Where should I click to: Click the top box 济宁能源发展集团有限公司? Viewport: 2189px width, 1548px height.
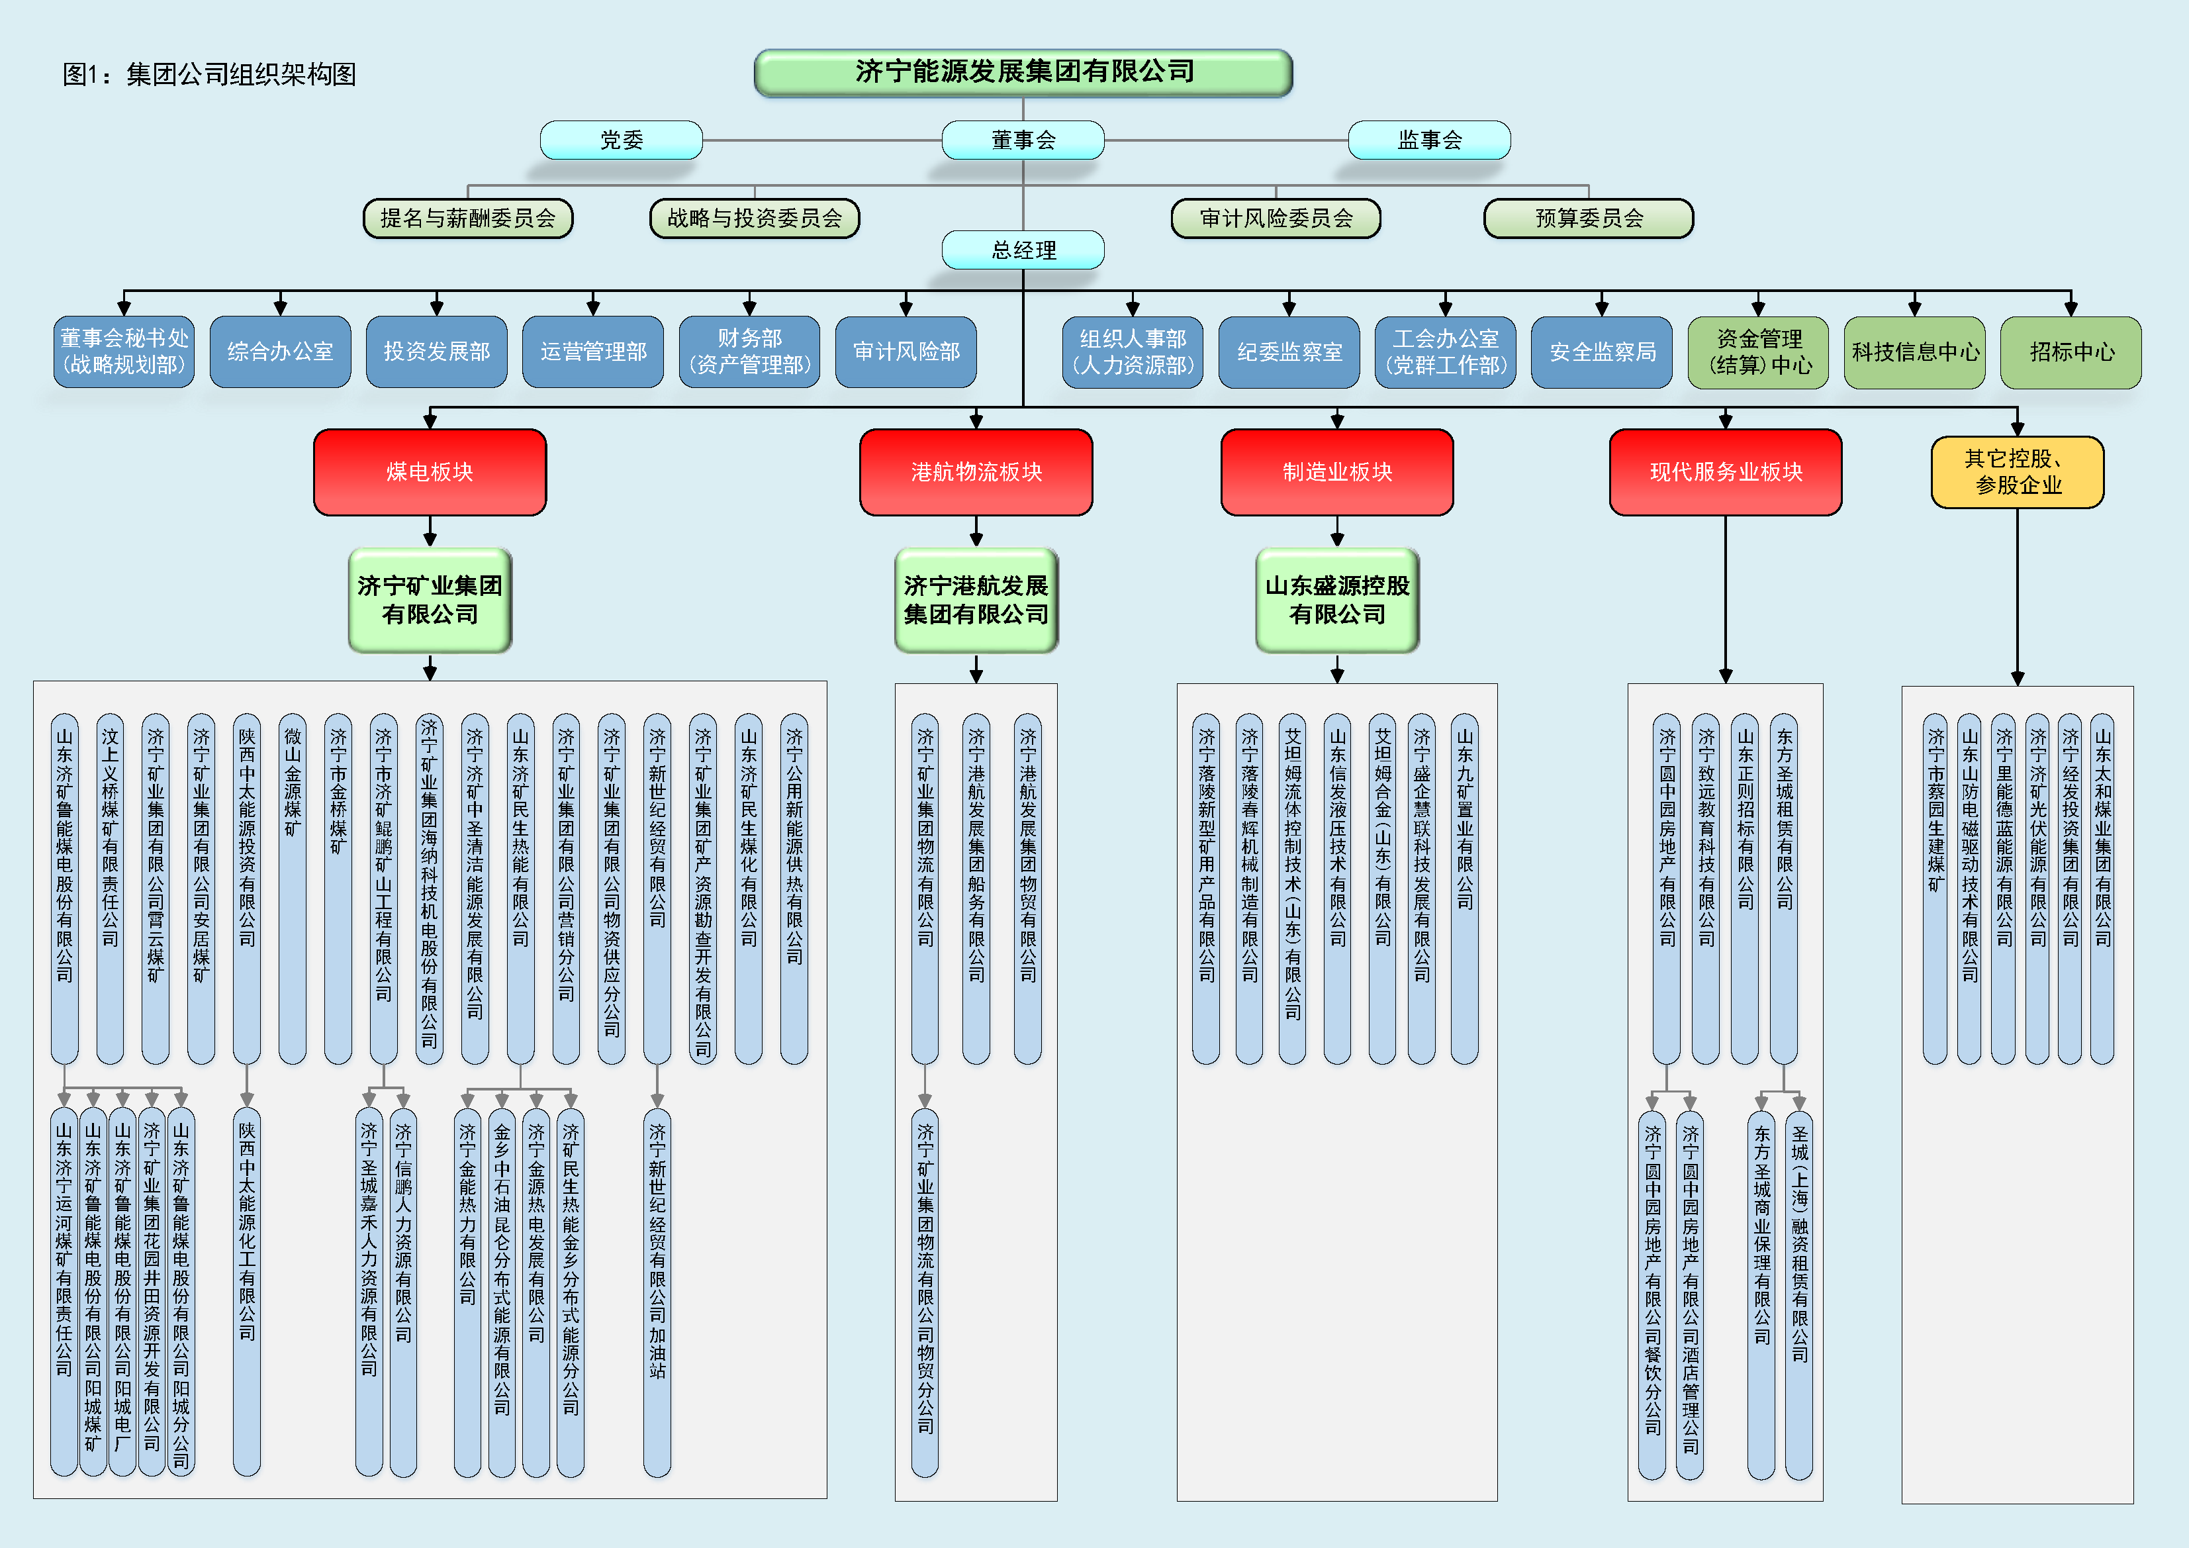point(1023,72)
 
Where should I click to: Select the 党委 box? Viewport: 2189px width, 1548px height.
point(621,140)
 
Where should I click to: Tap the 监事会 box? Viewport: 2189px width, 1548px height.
point(1428,140)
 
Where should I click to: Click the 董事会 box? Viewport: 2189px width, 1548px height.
point(1023,140)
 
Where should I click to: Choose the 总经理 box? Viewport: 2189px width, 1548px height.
point(1023,250)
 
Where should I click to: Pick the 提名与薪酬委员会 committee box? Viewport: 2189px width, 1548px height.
point(468,218)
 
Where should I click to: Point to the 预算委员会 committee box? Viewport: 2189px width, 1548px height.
point(1589,218)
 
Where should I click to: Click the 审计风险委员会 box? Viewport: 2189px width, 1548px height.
point(1276,218)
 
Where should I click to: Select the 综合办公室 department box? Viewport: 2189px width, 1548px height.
point(280,352)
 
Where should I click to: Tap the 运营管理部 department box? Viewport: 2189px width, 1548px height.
point(593,352)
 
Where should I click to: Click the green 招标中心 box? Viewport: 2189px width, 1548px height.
point(2071,352)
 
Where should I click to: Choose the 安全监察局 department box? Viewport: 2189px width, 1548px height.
point(1602,352)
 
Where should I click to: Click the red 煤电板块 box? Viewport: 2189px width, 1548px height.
point(430,472)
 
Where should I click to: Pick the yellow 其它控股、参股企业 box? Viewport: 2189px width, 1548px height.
point(2018,472)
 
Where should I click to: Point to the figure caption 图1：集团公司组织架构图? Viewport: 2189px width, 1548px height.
point(209,74)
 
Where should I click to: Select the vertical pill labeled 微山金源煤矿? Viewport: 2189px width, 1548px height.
point(293,887)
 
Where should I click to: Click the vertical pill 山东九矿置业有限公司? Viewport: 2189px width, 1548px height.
point(1464,887)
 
